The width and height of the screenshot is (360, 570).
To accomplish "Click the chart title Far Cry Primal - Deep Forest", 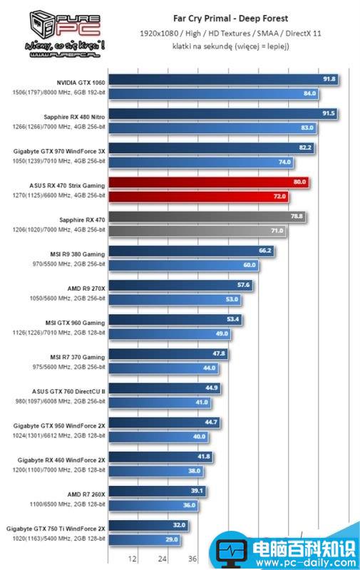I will [225, 19].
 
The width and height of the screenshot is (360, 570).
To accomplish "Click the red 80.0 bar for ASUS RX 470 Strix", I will [207, 182].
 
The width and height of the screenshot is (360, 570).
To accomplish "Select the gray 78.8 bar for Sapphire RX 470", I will [205, 217].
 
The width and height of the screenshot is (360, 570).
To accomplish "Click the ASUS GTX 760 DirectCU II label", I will [69, 391].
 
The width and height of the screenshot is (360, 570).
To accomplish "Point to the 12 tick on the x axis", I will [133, 559].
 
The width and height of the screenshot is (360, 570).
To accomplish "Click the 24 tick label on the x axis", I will [163, 559].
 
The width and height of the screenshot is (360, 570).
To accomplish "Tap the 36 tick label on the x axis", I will [192, 559].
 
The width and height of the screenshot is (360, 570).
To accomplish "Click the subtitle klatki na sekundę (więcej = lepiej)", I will [225, 46].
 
